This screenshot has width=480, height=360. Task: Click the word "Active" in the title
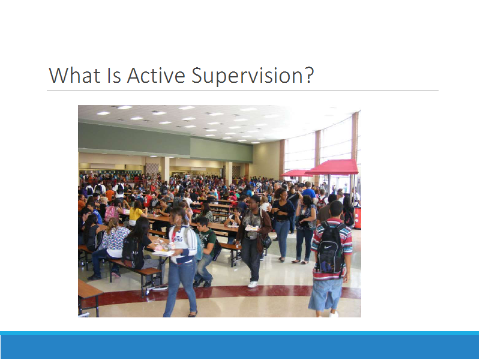tap(156, 76)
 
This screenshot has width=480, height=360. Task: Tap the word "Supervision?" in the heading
tap(253, 76)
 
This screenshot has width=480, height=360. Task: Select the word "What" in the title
tap(74, 76)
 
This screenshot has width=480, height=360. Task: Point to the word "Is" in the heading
tap(114, 76)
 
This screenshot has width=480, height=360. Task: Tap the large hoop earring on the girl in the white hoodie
tap(178, 221)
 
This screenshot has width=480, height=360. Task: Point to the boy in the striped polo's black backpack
tap(331, 248)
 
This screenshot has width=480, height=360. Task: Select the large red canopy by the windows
tap(333, 167)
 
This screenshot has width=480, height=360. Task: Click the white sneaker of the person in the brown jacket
tap(253, 284)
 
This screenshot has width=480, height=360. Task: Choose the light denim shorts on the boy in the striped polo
tap(325, 294)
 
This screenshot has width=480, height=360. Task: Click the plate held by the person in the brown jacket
tap(251, 228)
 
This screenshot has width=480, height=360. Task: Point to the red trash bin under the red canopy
tap(358, 218)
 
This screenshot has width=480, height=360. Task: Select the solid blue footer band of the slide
tap(240, 347)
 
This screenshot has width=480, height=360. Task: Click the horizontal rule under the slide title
tap(242, 91)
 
